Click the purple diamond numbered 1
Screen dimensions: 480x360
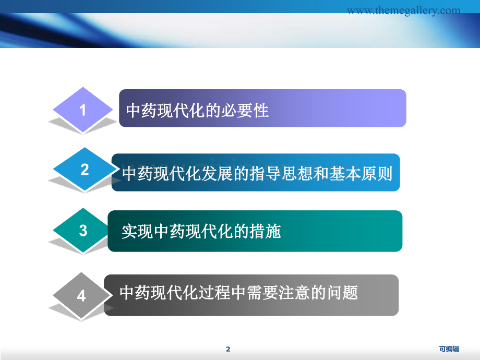point(82,110)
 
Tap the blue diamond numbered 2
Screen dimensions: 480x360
point(85,169)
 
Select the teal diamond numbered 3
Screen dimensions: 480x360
point(82,230)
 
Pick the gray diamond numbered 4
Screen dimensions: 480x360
point(81,295)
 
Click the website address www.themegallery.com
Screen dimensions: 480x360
point(403,10)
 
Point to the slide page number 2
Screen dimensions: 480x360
point(228,349)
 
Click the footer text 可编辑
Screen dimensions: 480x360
point(449,349)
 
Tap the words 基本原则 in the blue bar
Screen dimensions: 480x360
point(361,174)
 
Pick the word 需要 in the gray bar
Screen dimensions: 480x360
point(262,292)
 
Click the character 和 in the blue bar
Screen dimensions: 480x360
point(321,174)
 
